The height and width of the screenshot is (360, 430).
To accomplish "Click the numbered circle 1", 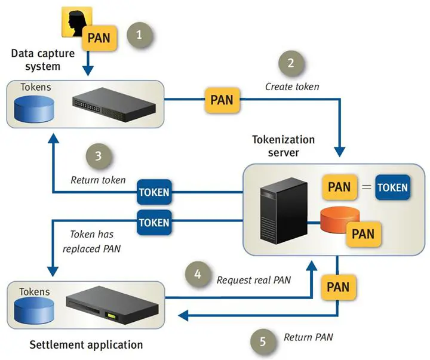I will tap(140, 35).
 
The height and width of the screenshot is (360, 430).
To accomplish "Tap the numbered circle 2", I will tap(291, 63).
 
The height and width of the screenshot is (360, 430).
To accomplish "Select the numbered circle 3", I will tap(99, 157).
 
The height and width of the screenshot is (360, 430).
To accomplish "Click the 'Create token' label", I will tap(292, 87).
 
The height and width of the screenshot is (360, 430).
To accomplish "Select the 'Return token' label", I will tap(98, 180).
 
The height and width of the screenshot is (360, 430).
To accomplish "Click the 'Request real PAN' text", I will tap(253, 279).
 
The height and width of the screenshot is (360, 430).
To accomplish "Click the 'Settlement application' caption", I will tap(86, 344).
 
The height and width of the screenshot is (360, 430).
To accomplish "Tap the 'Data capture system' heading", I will tap(44, 60).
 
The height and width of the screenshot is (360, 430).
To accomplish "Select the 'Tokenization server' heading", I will tap(283, 146).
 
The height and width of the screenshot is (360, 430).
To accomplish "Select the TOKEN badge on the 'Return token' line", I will tap(154, 193).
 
